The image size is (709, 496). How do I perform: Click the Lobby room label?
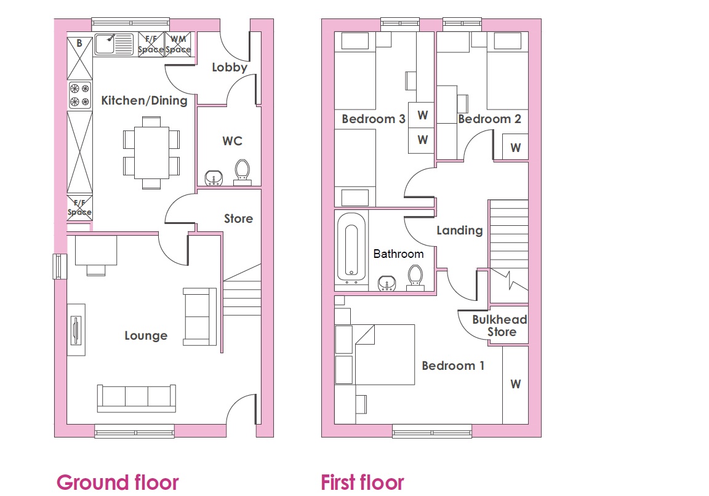pyautogui.click(x=230, y=67)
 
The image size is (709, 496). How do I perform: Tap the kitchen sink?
pyautogui.click(x=114, y=44)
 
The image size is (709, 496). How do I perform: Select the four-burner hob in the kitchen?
pyautogui.click(x=80, y=95)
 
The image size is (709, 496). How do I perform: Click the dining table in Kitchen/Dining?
pyautogui.click(x=151, y=153)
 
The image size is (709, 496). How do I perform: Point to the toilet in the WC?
pyautogui.click(x=242, y=172)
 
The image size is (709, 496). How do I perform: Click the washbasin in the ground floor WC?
pyautogui.click(x=214, y=178)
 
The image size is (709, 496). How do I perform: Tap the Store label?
pyautogui.click(x=238, y=219)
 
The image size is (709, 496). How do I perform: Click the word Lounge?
pyautogui.click(x=146, y=335)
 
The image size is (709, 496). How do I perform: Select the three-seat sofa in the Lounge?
pyautogui.click(x=137, y=398)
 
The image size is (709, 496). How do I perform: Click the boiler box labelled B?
pyautogui.click(x=79, y=58)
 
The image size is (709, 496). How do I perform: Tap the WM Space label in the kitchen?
pyautogui.click(x=178, y=44)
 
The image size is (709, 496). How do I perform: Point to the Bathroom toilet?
pyautogui.click(x=415, y=277)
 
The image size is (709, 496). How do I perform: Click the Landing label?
pyautogui.click(x=459, y=231)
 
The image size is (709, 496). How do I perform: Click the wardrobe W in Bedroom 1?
pyautogui.click(x=516, y=385)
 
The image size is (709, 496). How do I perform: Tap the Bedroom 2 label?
pyautogui.click(x=490, y=119)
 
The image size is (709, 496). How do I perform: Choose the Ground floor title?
pyautogui.click(x=118, y=482)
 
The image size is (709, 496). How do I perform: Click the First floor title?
pyautogui.click(x=362, y=482)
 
